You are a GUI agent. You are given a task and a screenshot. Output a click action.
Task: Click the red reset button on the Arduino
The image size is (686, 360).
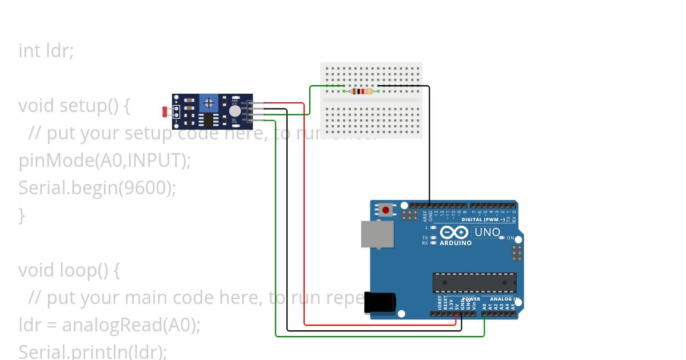pos(386,210)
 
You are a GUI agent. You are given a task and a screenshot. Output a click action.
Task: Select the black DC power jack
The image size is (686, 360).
pos(380,302)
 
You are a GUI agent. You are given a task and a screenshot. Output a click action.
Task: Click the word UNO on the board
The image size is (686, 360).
pos(487,233)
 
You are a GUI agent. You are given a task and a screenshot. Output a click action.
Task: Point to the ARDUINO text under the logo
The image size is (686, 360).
pos(456,243)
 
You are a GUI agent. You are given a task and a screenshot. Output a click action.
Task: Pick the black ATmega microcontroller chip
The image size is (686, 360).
pos(474,282)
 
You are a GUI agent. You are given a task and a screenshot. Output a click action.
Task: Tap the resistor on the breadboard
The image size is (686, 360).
pos(361,91)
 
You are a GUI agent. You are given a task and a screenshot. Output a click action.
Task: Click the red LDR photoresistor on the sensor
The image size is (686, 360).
pos(165,112)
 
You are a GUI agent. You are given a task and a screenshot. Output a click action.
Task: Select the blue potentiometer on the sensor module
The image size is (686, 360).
pos(209,102)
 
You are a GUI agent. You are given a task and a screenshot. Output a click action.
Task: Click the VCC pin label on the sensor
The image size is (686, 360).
pos(244,103)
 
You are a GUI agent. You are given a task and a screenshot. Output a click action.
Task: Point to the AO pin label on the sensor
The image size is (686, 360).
pos(244,120)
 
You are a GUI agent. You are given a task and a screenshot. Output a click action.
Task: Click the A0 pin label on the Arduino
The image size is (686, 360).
pos(484,306)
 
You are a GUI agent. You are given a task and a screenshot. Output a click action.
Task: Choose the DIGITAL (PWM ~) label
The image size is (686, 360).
pos(484,219)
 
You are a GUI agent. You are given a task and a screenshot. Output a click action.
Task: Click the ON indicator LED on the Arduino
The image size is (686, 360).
pos(501,238)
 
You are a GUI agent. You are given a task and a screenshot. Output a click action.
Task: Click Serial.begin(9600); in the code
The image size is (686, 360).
pos(97,188)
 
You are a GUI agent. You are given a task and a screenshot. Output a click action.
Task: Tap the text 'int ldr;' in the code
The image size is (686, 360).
pos(46,51)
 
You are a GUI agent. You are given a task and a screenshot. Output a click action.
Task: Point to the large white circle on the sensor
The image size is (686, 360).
pos(235,111)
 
